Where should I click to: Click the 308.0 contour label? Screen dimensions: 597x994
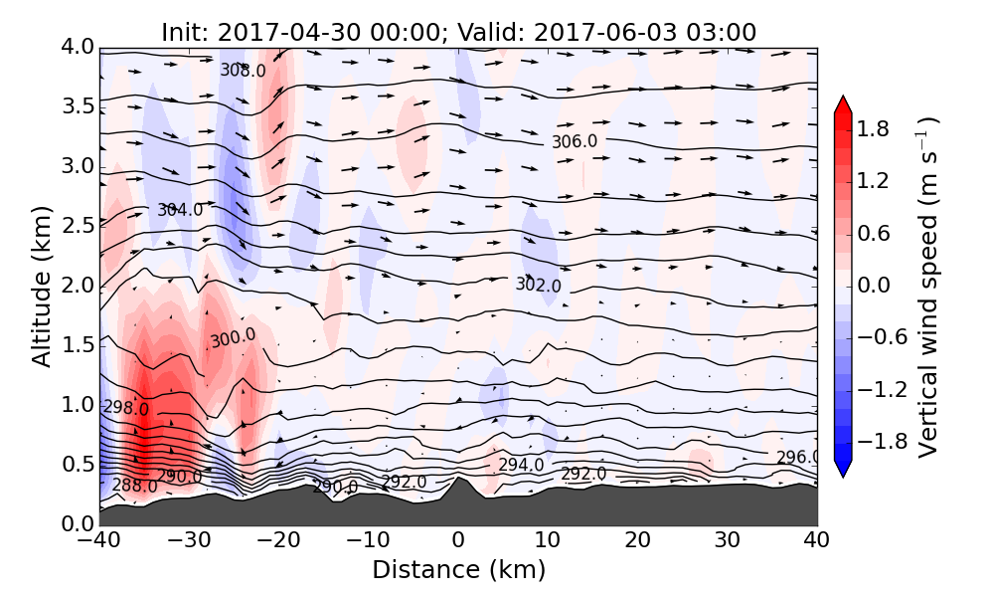[244, 71]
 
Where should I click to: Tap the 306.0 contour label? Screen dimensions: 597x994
[575, 141]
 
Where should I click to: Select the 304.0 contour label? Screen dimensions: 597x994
[180, 210]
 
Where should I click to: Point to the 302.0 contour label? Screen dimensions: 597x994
[538, 286]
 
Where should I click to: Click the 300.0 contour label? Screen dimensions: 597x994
[233, 339]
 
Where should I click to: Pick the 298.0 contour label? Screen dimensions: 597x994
[126, 408]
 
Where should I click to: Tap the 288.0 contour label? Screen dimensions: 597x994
[134, 486]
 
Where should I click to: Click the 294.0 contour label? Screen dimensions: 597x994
[521, 465]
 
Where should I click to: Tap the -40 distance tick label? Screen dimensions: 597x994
[99, 542]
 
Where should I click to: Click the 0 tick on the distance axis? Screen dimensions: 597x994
[458, 542]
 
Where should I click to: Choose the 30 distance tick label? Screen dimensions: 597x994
[728, 542]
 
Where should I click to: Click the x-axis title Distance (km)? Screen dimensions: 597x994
[458, 570]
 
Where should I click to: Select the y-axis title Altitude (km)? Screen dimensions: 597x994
[42, 286]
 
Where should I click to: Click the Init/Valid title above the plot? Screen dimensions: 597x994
[458, 32]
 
